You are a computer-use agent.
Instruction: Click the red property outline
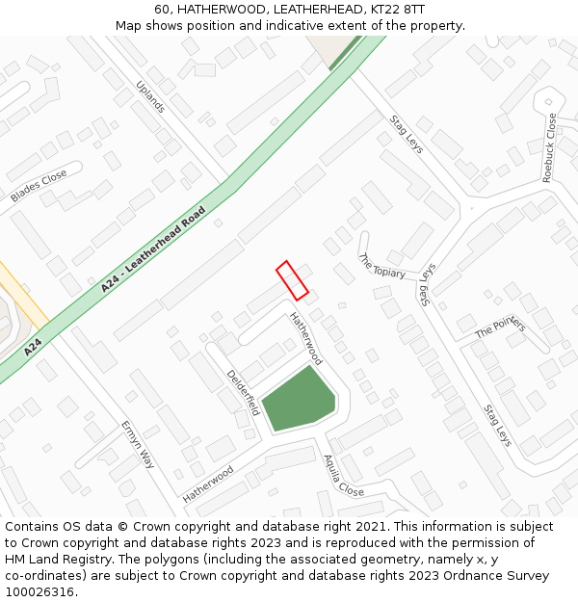coord(292,280)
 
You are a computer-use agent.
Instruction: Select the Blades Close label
coord(39,186)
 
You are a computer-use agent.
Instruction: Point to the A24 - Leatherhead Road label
coord(154,249)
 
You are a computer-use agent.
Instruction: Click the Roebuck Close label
coord(550,148)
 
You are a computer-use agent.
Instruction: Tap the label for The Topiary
coord(381,267)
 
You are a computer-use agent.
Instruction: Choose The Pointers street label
coord(500,327)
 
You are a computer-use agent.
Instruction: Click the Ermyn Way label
coord(138,444)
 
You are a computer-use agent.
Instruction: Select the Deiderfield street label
coord(243,392)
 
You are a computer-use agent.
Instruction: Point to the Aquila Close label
coord(343,476)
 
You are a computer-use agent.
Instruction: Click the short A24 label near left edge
coord(34,346)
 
